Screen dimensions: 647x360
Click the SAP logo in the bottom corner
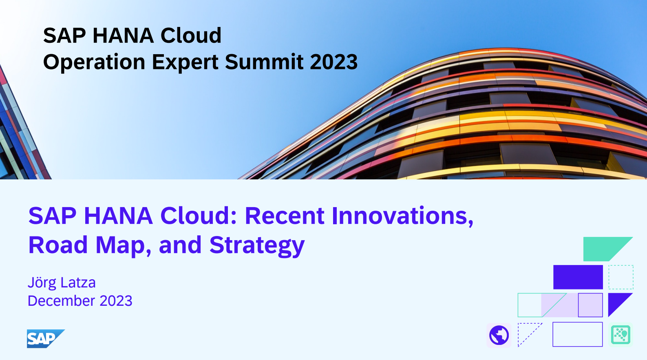(46, 339)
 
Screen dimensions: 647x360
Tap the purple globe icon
(499, 335)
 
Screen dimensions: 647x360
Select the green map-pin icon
(621, 335)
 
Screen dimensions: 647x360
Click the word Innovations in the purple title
(403, 216)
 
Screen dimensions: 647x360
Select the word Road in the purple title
(58, 245)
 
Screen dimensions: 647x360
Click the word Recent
(285, 216)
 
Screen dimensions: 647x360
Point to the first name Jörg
(42, 283)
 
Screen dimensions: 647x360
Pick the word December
(61, 301)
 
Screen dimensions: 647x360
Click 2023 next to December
(116, 301)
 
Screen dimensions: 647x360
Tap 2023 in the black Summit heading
(333, 62)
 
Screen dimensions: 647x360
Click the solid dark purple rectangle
(578, 277)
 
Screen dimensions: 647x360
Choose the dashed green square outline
(621, 265)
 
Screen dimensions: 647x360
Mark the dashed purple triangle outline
(530, 335)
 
